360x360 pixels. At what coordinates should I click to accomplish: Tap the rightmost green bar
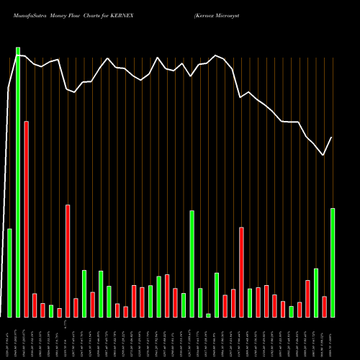pyautogui.click(x=333, y=262)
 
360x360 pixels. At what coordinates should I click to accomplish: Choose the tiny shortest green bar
pyautogui.click(x=208, y=315)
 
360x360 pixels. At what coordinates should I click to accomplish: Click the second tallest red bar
pyautogui.click(x=68, y=261)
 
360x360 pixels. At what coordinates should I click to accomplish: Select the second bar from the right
pyautogui.click(x=324, y=306)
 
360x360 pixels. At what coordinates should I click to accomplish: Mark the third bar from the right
pyautogui.click(x=316, y=292)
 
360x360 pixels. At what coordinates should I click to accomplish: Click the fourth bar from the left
pyautogui.click(x=35, y=305)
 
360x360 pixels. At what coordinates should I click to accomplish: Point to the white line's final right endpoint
pyautogui.click(x=332, y=137)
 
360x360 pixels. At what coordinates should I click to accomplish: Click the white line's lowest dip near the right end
pyautogui.click(x=323, y=155)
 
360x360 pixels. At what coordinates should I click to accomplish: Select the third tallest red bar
pyautogui.click(x=241, y=271)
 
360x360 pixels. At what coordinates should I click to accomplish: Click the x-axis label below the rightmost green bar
pyautogui.click(x=333, y=338)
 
